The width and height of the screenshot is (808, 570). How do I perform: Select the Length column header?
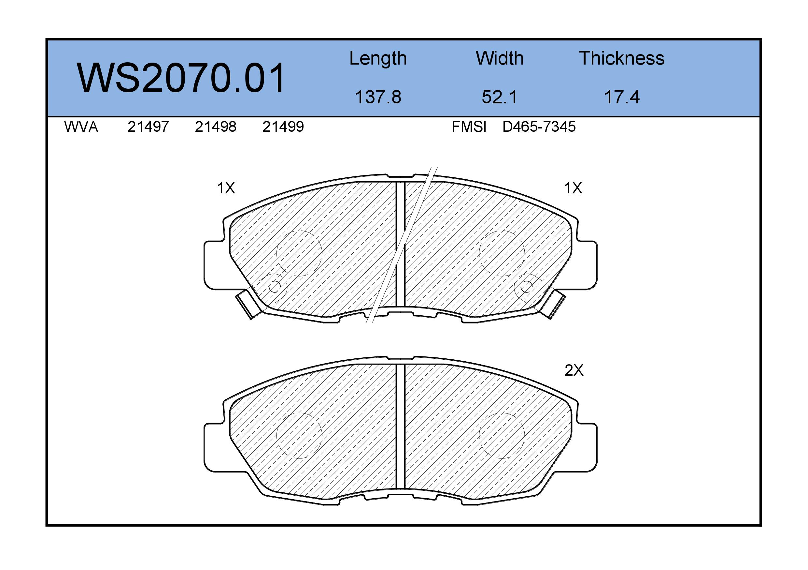pyautogui.click(x=378, y=58)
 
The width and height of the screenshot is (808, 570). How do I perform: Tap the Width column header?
pyautogui.click(x=500, y=58)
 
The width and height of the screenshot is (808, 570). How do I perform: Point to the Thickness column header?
pyautogui.click(x=621, y=58)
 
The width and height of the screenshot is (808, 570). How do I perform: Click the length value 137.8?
pyautogui.click(x=378, y=97)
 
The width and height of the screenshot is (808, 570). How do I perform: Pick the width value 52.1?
pyautogui.click(x=500, y=97)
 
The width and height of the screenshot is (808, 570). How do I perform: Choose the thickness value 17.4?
pyautogui.click(x=622, y=97)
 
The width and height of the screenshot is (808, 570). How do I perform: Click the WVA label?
pyautogui.click(x=81, y=127)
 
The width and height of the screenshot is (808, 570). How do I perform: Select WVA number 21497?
pyautogui.click(x=148, y=127)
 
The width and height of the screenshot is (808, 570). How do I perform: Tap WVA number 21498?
pyautogui.click(x=216, y=127)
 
